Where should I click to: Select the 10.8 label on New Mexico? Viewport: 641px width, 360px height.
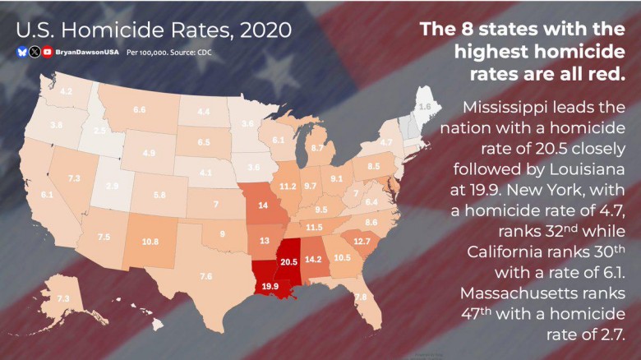click(x=150, y=242)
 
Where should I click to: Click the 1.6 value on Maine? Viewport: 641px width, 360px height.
click(x=425, y=107)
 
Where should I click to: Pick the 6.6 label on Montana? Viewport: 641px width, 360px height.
click(x=140, y=109)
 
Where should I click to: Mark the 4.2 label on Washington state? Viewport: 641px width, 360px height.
click(x=67, y=91)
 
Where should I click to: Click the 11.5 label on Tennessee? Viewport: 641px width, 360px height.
click(x=314, y=227)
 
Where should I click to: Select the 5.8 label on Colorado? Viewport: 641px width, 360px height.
click(x=159, y=195)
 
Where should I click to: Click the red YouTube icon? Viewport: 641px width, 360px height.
click(x=48, y=52)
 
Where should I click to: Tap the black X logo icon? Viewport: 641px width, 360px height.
click(x=35, y=52)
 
